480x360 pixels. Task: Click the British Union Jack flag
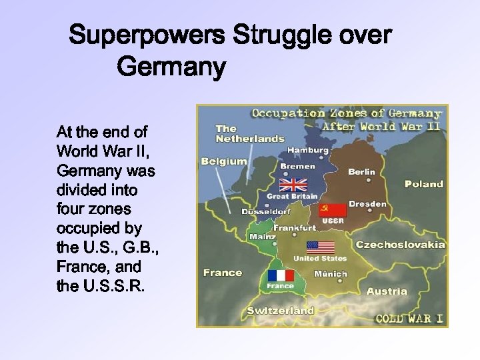293,185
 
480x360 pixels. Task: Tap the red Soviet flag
333,211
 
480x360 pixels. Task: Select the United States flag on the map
320,247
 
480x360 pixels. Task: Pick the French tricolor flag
280,275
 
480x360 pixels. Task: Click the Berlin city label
361,171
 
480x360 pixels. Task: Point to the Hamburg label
307,151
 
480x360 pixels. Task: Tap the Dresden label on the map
367,204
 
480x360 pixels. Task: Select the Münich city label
330,273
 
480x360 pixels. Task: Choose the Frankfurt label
295,228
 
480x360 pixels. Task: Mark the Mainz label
262,237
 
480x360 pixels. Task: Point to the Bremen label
298,166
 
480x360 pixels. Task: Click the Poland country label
423,184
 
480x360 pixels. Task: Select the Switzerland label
280,311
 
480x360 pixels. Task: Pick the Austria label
387,291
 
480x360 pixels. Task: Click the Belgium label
224,161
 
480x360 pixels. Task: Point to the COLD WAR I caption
409,318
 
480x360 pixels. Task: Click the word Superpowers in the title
149,35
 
